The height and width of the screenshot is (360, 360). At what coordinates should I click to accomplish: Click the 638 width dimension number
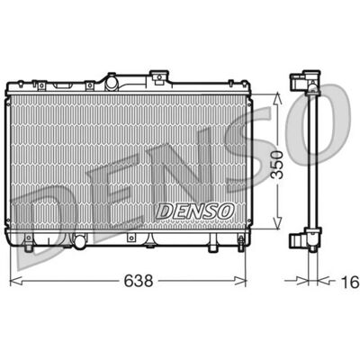[x=139, y=281]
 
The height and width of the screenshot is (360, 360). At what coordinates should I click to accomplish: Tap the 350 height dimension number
[x=276, y=165]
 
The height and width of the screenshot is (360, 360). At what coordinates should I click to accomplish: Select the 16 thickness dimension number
[x=350, y=282]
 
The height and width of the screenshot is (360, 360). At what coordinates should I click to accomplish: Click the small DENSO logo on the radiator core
[x=194, y=211]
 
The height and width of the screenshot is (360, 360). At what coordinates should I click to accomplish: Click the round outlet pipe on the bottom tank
[x=80, y=242]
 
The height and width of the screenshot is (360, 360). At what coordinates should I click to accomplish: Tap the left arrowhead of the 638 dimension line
[x=15, y=281]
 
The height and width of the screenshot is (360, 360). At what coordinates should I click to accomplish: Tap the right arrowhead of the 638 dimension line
[x=240, y=281]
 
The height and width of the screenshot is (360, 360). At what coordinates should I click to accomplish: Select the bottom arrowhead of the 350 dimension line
[x=277, y=222]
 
